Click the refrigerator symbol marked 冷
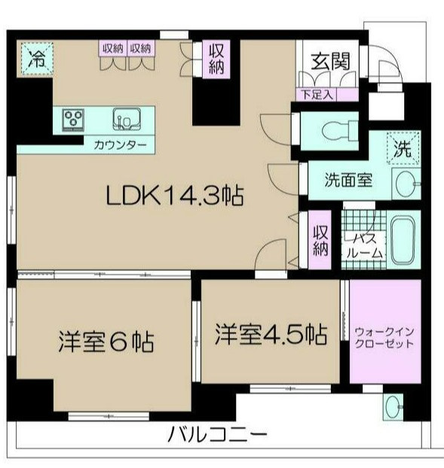(38, 59)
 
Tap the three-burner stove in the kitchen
(73, 120)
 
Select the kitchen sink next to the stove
(127, 119)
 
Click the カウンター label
(120, 145)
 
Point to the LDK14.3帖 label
(175, 196)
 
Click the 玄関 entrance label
(330, 62)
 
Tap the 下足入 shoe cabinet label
(317, 95)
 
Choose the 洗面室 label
(348, 180)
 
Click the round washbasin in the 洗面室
(406, 184)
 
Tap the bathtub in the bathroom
(403, 240)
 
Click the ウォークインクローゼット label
(384, 338)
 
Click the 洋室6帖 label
(107, 341)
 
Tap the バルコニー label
(217, 435)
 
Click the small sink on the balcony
(393, 407)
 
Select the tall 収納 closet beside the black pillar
(216, 59)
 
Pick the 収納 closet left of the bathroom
(320, 240)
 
